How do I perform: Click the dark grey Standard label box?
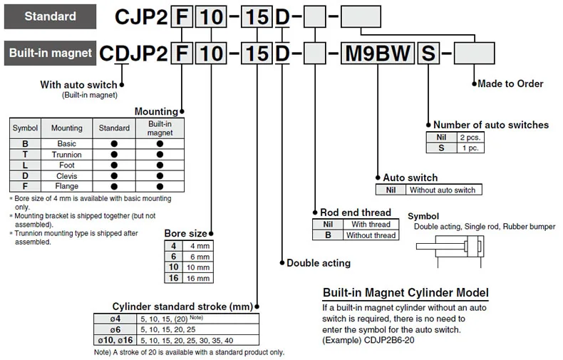click(51, 16)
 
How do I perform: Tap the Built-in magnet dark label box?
click(51, 53)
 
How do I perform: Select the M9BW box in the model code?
click(378, 53)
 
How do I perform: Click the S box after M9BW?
click(428, 53)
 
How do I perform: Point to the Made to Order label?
click(510, 83)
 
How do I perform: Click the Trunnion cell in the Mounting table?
click(67, 155)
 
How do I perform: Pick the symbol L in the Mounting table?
click(25, 165)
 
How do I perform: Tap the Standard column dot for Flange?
click(114, 187)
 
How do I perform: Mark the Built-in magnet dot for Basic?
click(160, 144)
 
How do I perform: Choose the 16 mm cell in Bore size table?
click(198, 278)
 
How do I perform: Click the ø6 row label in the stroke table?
click(115, 329)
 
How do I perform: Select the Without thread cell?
click(371, 235)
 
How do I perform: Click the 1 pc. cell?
click(470, 148)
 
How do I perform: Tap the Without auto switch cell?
click(443, 190)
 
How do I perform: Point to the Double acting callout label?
click(319, 263)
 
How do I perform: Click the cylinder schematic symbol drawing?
click(450, 250)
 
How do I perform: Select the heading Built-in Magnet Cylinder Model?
click(406, 293)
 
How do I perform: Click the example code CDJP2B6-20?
click(389, 340)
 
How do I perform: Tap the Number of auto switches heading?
click(491, 125)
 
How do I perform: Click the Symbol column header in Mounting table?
click(25, 128)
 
